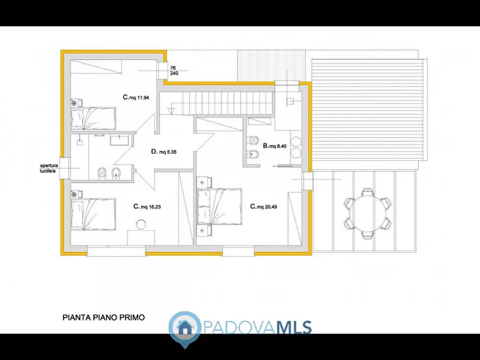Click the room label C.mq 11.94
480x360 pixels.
point(135,98)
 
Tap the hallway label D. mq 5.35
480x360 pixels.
point(164,152)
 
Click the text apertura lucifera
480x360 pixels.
point(47,168)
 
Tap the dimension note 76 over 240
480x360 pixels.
point(174,70)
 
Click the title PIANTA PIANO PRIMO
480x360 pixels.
point(103,318)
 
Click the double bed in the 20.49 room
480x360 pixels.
point(220,206)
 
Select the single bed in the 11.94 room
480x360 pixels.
point(94,118)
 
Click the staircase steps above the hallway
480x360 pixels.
point(229,102)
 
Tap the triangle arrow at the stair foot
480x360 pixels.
point(171,112)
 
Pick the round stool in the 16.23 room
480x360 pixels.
point(141,225)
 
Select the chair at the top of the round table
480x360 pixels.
point(368,192)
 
